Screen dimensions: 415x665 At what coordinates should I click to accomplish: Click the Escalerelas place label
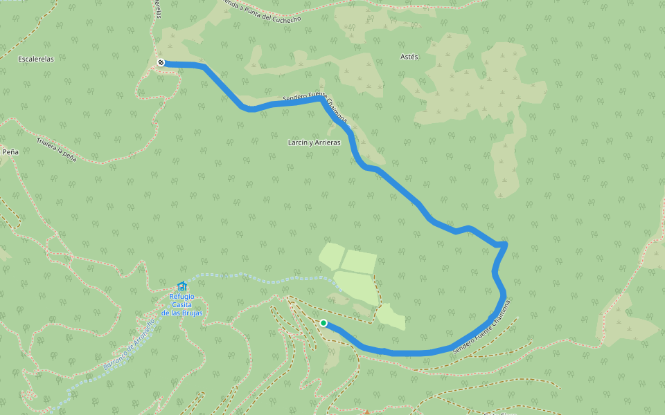pos(36,59)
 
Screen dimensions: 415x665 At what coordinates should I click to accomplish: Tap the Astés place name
pos(409,57)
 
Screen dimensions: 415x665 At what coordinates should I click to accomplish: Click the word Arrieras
pos(326,142)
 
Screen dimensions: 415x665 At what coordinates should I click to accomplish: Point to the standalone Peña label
pos(10,151)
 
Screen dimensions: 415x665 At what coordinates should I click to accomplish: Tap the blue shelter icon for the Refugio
pos(182,286)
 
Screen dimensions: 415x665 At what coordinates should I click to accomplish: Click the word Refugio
pos(182,297)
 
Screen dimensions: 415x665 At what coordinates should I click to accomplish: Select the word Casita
pos(181,305)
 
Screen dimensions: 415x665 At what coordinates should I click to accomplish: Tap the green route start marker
pos(323,322)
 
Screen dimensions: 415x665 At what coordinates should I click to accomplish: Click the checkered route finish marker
pos(161,63)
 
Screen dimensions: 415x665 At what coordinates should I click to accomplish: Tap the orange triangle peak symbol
pos(367,412)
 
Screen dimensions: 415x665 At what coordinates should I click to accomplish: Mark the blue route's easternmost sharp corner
pos(506,244)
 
